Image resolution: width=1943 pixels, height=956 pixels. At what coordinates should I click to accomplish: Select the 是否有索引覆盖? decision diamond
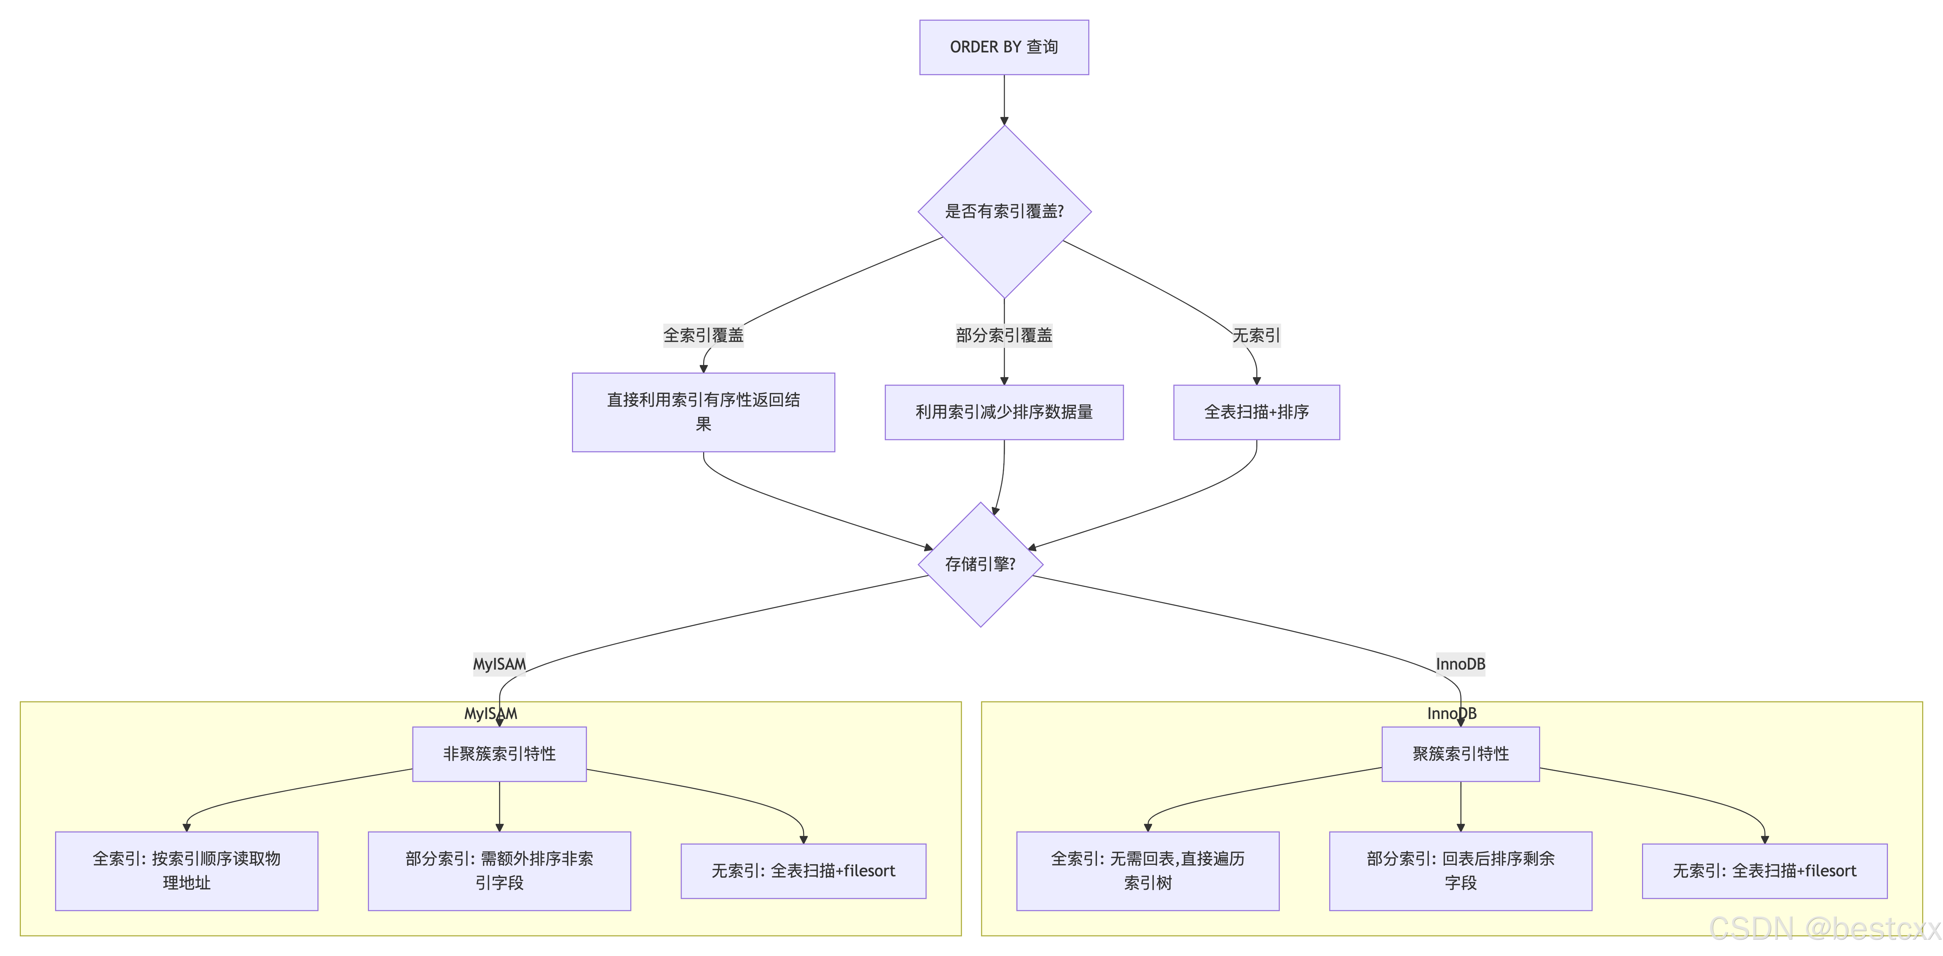coord(1004,211)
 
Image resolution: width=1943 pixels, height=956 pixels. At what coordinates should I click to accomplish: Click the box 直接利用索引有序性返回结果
coord(703,412)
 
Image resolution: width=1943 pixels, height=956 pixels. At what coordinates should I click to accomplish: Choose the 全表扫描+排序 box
coord(1256,412)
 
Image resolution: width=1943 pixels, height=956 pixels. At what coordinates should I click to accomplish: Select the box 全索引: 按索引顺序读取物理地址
coord(186,871)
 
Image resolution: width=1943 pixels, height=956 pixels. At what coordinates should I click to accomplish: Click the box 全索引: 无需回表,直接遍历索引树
coord(1147,871)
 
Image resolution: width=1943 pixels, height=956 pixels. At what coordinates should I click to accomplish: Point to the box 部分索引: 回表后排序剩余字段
coord(1460,871)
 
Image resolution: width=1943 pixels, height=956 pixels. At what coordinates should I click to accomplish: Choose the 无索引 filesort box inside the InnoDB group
coord(1764,871)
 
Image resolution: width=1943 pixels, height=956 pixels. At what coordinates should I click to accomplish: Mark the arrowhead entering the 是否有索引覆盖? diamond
coord(1004,121)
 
